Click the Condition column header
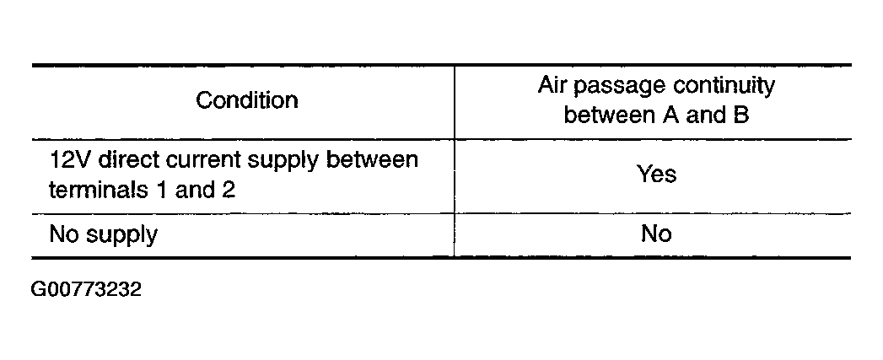(x=246, y=100)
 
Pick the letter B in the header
(x=741, y=115)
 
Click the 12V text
(x=70, y=159)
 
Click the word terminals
(x=100, y=190)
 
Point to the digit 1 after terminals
(x=162, y=190)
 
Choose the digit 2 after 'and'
(x=228, y=190)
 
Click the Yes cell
(x=657, y=174)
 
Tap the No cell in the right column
(x=657, y=233)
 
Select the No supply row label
(x=103, y=235)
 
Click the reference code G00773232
(x=86, y=289)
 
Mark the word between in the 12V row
(x=372, y=159)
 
